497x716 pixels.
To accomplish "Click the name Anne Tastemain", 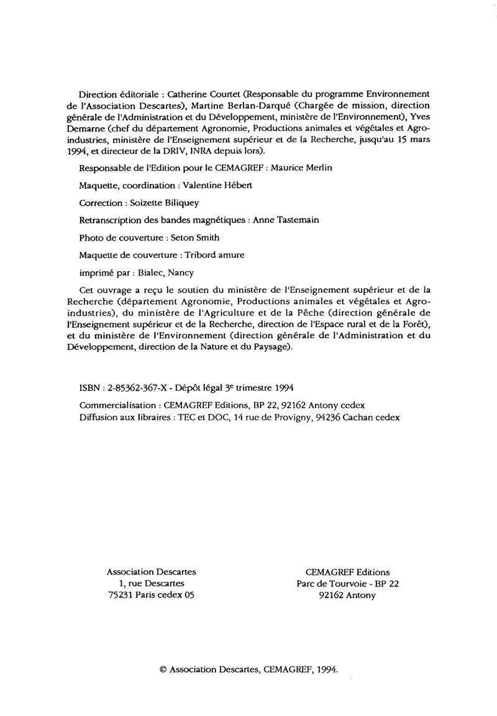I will tap(285, 220).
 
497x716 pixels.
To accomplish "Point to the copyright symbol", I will tap(163, 669).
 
